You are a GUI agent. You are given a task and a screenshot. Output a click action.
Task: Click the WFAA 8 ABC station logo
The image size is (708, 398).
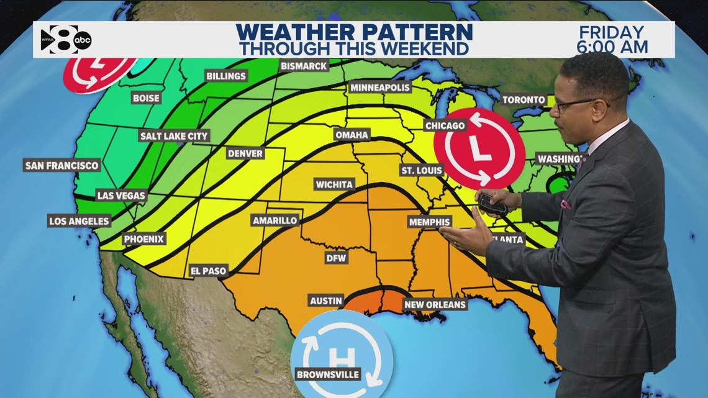(66, 39)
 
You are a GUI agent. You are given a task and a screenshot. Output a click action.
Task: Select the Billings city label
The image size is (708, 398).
(226, 76)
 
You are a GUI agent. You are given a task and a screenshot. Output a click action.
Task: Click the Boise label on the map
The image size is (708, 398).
(147, 97)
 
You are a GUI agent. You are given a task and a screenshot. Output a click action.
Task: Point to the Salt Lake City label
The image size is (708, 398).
(175, 135)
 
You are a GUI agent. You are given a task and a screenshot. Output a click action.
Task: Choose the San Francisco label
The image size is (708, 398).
(61, 165)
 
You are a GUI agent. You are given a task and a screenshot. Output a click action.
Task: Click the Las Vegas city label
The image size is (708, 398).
(121, 196)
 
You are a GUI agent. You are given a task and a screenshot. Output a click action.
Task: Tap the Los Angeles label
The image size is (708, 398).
(79, 220)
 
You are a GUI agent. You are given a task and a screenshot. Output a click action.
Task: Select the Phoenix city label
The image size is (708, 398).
(144, 238)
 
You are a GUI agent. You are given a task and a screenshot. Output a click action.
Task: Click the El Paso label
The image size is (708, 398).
(209, 271)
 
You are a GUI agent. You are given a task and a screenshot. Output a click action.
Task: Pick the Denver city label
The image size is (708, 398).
(245, 153)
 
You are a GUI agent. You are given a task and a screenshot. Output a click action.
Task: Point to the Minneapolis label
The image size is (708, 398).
(380, 88)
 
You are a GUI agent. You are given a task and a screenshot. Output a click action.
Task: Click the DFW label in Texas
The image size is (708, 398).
(337, 258)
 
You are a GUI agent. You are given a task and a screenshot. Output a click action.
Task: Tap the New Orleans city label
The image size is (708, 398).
(435, 304)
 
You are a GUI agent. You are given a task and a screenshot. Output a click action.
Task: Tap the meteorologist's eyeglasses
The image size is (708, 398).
(576, 104)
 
